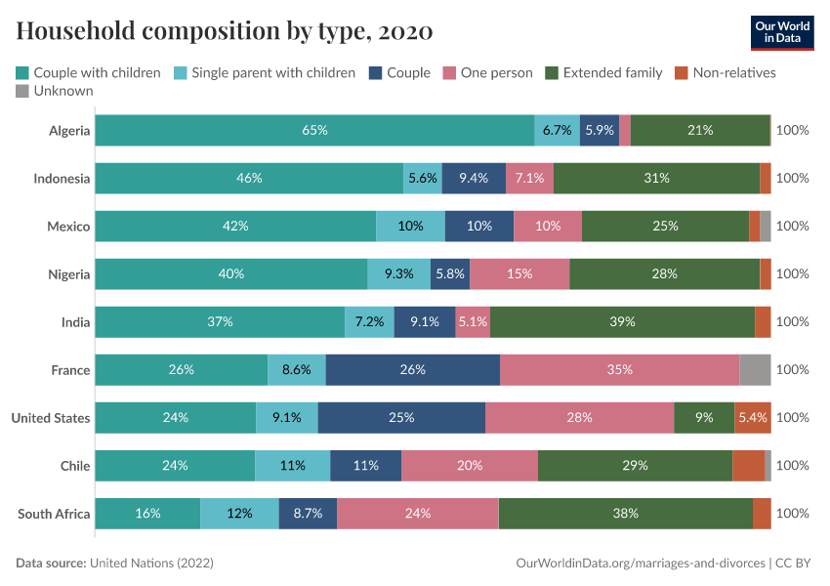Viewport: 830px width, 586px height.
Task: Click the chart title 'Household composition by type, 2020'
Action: pyautogui.click(x=225, y=31)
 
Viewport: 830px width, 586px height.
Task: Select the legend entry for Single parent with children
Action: pyautogui.click(x=265, y=72)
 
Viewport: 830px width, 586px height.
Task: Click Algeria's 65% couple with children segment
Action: pyautogui.click(x=314, y=130)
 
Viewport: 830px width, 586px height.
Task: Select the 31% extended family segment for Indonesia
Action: pyautogui.click(x=656, y=178)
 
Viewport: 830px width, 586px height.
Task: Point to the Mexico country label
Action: pyautogui.click(x=68, y=226)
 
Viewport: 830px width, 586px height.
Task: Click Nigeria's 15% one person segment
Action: pyautogui.click(x=519, y=273)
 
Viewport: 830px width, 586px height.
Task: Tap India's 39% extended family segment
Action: pyautogui.click(x=622, y=321)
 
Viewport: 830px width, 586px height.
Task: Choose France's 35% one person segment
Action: pyautogui.click(x=619, y=369)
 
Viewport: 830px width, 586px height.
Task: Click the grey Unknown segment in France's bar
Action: pyautogui.click(x=755, y=369)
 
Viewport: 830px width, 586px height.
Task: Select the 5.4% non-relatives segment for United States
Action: pyautogui.click(x=753, y=417)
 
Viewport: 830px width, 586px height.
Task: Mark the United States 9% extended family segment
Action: pyautogui.click(x=704, y=417)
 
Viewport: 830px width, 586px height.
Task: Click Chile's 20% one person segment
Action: pyautogui.click(x=469, y=465)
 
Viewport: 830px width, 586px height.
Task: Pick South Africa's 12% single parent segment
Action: pyautogui.click(x=239, y=513)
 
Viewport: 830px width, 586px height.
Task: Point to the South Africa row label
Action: pyautogui.click(x=54, y=513)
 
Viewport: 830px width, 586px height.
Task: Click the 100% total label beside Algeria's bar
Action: pyautogui.click(x=792, y=130)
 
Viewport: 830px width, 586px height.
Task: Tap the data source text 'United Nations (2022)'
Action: pyautogui.click(x=151, y=564)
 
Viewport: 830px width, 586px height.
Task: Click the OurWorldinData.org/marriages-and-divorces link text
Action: pyautogui.click(x=640, y=564)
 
